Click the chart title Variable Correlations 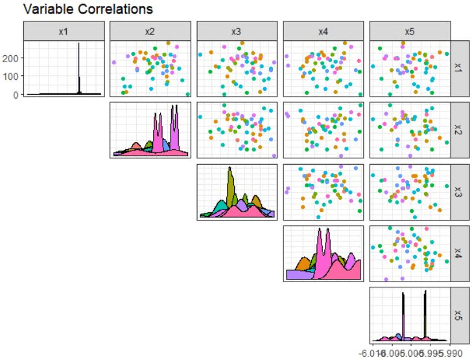(x=78, y=9)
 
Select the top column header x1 (x=64, y=31)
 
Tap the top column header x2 (x=150, y=31)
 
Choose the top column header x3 (x=237, y=31)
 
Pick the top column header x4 (x=324, y=31)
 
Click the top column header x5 (x=410, y=31)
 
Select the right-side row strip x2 (x=458, y=130)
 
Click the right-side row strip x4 (x=458, y=254)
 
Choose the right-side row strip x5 (x=458, y=315)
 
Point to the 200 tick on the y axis (x=12, y=58)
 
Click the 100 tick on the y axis (x=12, y=77)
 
